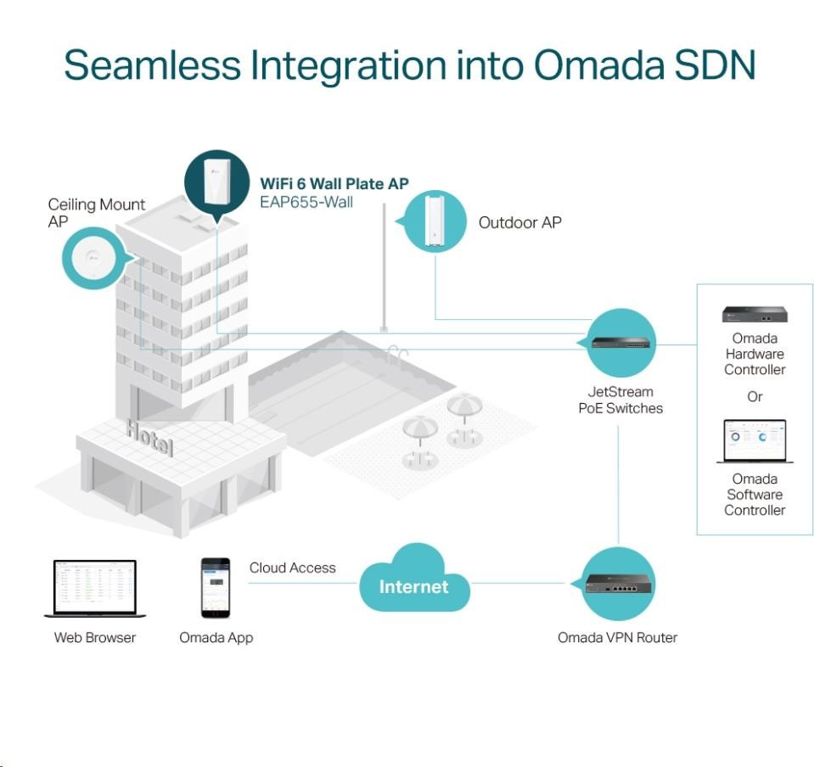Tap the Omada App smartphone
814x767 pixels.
[x=215, y=588]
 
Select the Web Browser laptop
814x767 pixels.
[x=95, y=588]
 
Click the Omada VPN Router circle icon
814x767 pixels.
[x=619, y=584]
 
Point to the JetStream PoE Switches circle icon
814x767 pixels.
[x=620, y=343]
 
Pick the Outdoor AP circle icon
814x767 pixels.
[x=435, y=221]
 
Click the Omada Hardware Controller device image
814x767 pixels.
[x=755, y=315]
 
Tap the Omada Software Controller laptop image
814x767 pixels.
[x=755, y=441]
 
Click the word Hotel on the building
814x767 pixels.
[x=149, y=437]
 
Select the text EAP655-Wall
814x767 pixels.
[x=306, y=202]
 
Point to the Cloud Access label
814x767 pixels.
[x=292, y=568]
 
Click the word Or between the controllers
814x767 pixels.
[x=755, y=396]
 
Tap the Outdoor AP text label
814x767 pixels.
[x=519, y=222]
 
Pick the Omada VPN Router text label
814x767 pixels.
[x=617, y=637]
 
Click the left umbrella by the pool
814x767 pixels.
[x=420, y=433]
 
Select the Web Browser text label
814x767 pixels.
[x=95, y=637]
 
